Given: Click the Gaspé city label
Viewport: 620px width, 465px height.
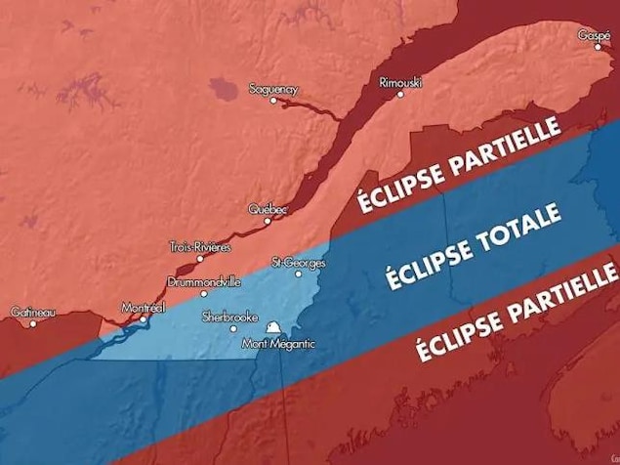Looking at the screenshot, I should [594, 35].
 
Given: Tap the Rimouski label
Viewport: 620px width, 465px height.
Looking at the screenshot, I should [400, 83].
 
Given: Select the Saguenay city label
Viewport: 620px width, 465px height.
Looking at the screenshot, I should [273, 89].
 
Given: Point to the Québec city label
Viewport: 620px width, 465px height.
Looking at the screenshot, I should [268, 209].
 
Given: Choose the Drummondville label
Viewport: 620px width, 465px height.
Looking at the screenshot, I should [203, 281].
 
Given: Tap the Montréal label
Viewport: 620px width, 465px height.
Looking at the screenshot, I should [144, 308].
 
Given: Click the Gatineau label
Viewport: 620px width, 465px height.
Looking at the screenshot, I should [33, 313].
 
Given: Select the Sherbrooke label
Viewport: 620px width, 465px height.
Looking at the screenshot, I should [229, 317].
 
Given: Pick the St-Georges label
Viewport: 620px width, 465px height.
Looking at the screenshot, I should [299, 263].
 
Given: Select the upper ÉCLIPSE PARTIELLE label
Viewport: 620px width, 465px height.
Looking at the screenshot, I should [457, 165].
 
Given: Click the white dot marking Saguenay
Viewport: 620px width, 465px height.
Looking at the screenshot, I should [272, 100].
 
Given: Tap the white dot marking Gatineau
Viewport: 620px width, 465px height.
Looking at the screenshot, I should [32, 323].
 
